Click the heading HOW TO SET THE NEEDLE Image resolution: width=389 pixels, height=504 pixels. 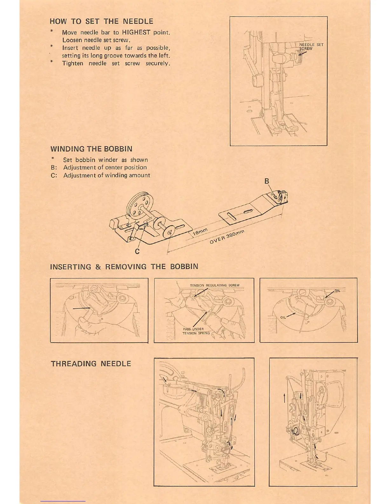[x=101, y=21]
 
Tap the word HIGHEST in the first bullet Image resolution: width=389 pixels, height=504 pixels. [x=136, y=32]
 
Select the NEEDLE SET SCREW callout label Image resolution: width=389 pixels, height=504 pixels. [x=311, y=46]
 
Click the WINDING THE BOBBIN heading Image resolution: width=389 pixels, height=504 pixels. [x=91, y=149]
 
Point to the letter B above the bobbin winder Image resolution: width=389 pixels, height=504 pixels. [x=267, y=181]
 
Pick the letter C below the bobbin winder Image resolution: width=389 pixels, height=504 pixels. [x=137, y=251]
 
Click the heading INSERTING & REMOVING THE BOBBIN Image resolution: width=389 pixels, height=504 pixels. [x=124, y=267]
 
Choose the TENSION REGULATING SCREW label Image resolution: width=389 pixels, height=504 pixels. [x=215, y=285]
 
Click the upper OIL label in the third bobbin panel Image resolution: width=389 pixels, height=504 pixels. [x=337, y=291]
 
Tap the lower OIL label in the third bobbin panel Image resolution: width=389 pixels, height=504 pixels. [x=283, y=317]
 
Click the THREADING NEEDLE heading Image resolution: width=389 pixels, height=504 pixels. [x=91, y=364]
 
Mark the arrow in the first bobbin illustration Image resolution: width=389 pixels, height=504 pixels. [x=81, y=308]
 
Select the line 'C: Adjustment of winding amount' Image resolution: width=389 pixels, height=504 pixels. [x=100, y=175]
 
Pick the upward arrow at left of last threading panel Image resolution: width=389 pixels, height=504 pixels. [x=284, y=397]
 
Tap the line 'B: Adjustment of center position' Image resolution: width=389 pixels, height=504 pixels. [x=99, y=167]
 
